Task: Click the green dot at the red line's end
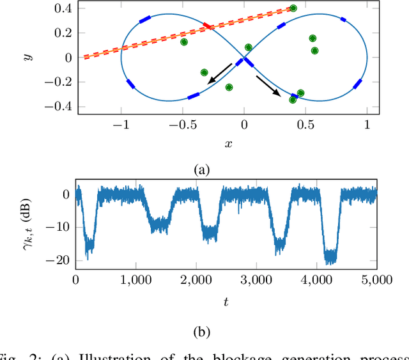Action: click(x=293, y=8)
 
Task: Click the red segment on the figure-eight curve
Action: click(x=208, y=26)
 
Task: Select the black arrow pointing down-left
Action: click(x=219, y=72)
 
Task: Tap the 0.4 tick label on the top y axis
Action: click(x=63, y=8)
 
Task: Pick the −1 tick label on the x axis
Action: click(x=118, y=126)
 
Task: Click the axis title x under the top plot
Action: click(x=228, y=143)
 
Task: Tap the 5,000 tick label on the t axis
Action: click(x=376, y=279)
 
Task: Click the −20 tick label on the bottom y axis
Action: click(x=60, y=260)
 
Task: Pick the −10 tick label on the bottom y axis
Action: click(x=60, y=227)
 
